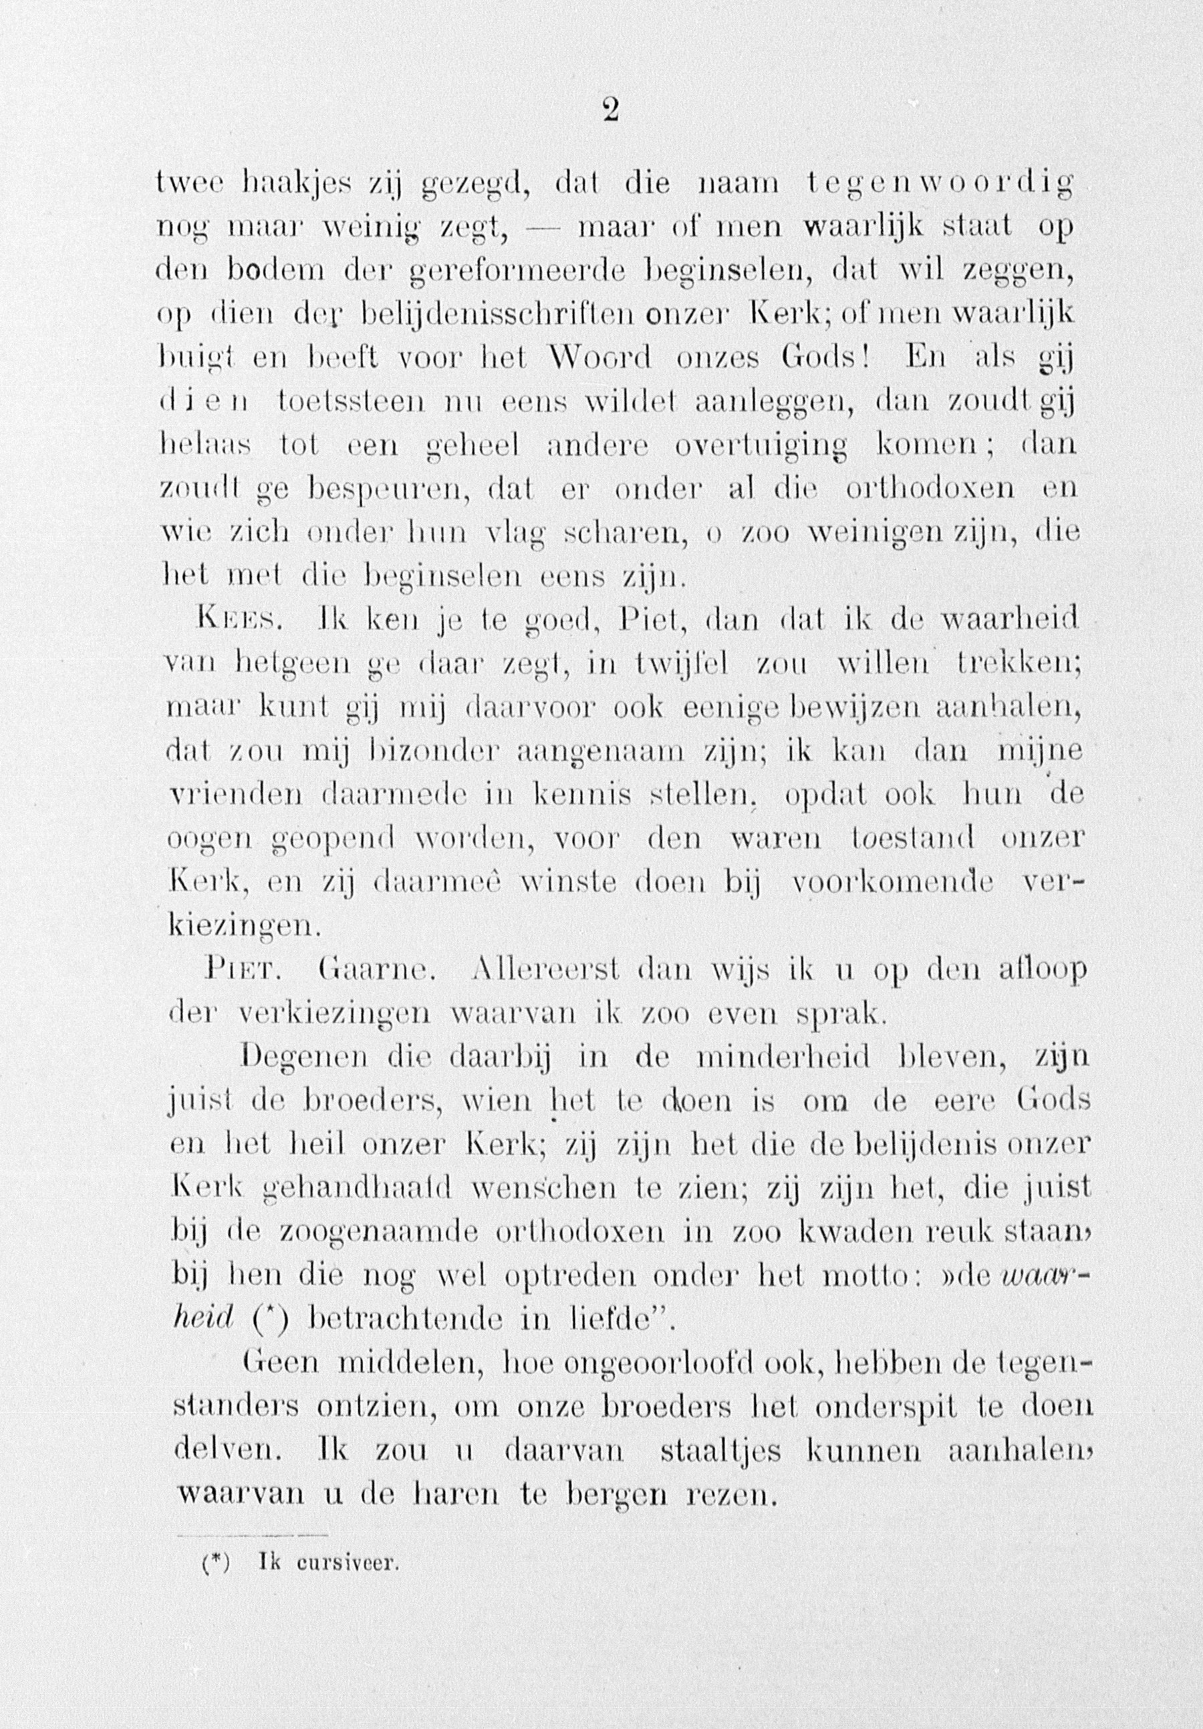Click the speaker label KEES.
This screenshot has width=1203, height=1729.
(239, 620)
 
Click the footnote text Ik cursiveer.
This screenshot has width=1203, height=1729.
(327, 1565)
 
